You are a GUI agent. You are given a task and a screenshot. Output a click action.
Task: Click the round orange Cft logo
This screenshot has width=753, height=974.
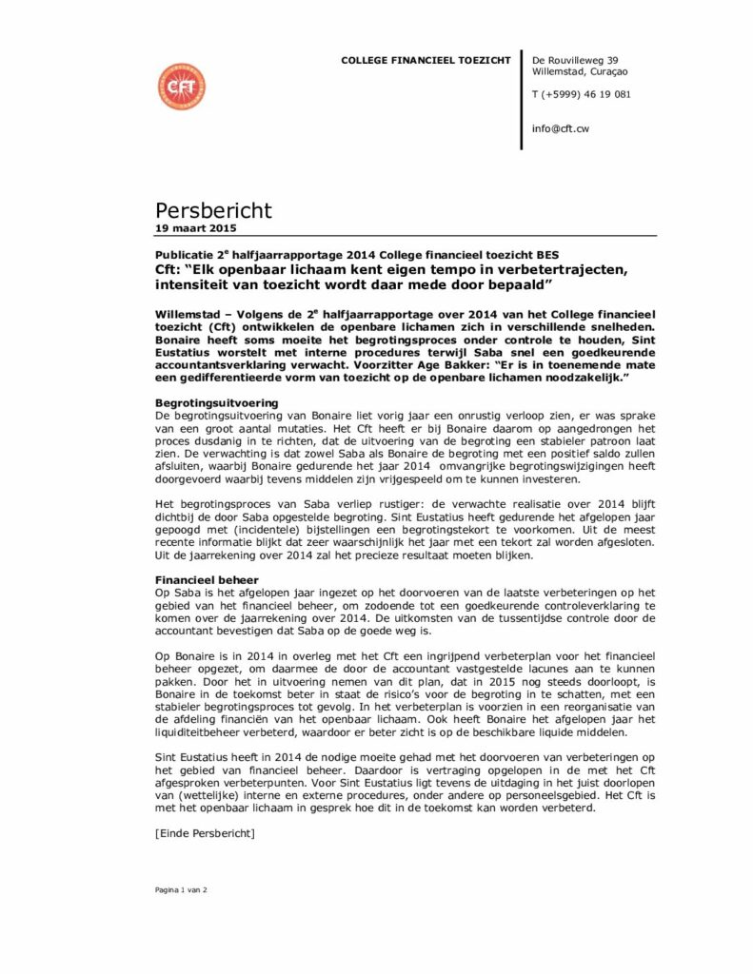181,87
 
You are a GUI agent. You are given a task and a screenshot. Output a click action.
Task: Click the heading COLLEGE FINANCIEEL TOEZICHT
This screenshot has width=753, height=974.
426,61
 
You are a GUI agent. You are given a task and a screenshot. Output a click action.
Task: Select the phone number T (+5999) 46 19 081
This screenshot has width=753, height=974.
581,94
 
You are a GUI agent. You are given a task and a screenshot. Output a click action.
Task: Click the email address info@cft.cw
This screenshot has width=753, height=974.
561,128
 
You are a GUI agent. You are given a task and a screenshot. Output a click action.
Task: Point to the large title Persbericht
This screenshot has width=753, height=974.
213,210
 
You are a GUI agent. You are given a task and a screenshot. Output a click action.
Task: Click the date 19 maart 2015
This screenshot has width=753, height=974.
196,228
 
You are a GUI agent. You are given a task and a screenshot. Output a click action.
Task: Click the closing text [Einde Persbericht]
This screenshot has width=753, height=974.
204,834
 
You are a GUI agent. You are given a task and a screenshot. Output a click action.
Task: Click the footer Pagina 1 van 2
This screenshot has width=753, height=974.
182,889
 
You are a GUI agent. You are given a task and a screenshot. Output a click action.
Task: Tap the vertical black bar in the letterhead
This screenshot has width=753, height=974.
522,100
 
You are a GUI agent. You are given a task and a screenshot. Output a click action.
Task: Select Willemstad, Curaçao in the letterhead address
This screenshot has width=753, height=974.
580,72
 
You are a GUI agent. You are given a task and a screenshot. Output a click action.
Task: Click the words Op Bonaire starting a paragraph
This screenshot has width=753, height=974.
180,656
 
